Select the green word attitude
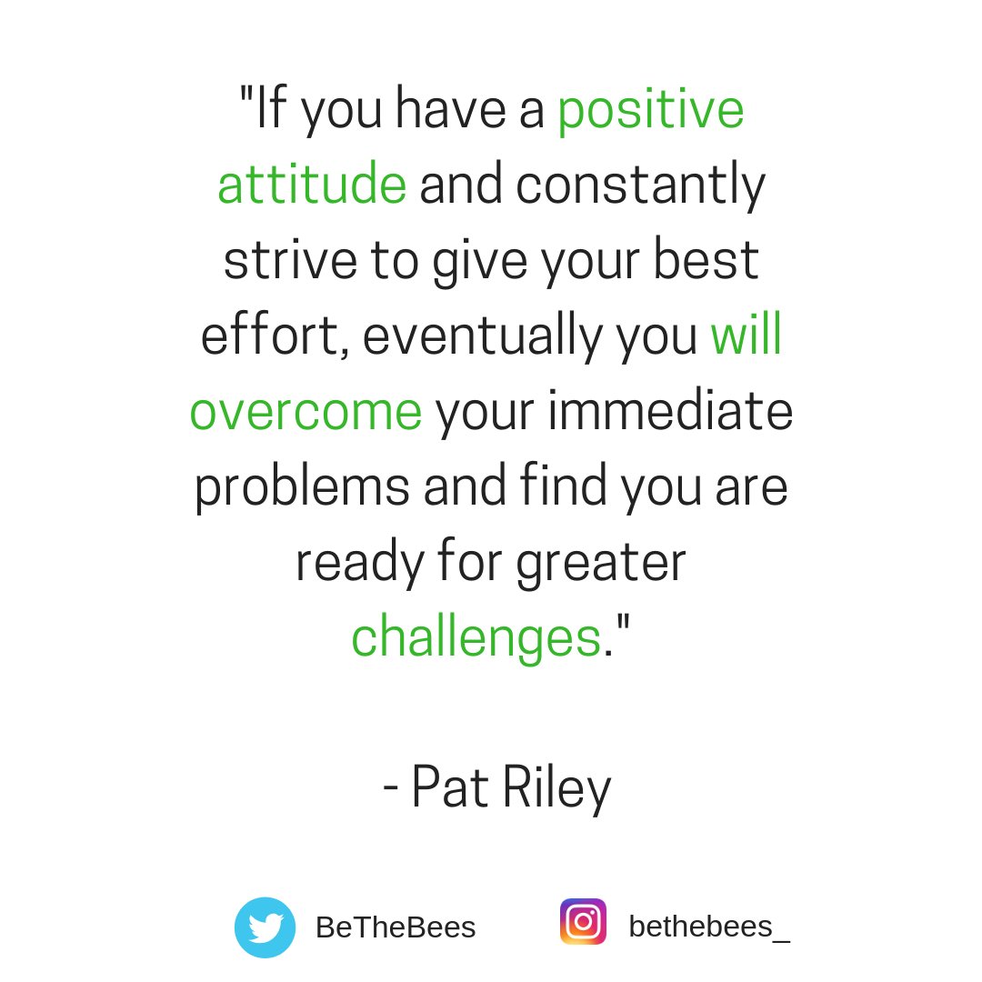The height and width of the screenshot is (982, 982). pos(311,185)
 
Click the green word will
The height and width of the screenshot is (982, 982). pos(746,336)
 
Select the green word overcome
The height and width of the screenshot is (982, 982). pos(306,411)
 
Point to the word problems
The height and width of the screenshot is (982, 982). pos(301,488)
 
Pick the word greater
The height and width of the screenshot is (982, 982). pos(601,564)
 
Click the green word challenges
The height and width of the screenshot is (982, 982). pos(476,637)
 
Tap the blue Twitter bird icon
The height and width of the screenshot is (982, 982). pos(265,927)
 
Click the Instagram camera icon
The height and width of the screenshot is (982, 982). pos(583,922)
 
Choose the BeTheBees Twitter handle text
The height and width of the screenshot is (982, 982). pos(396,927)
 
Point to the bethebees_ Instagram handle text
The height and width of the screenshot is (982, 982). pos(709,927)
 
